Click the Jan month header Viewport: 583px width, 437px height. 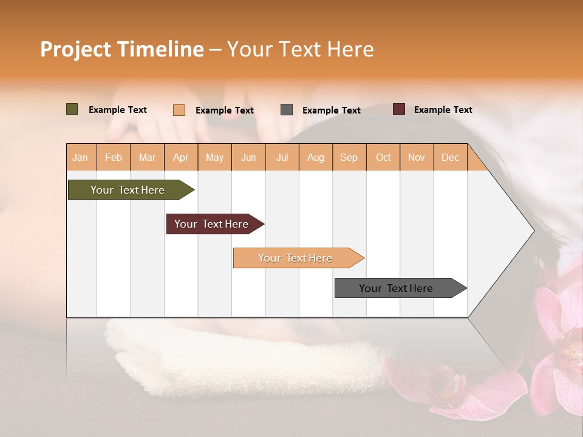click(80, 157)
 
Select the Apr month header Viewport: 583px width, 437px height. click(181, 157)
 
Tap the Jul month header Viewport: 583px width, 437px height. click(282, 157)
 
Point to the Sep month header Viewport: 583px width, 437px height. click(349, 157)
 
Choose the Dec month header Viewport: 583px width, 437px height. click(450, 157)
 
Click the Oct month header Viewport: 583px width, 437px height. click(383, 157)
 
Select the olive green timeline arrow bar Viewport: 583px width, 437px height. click(128, 190)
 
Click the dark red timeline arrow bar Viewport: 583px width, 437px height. click(211, 224)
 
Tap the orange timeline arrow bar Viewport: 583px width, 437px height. click(295, 258)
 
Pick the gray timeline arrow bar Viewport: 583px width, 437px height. click(396, 288)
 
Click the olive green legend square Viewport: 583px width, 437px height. click(72, 109)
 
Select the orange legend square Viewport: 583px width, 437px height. click(179, 110)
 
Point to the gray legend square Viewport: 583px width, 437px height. click(287, 110)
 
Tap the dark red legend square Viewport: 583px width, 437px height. click(399, 109)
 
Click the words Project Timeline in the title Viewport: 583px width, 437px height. click(121, 49)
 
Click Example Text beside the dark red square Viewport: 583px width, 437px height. click(443, 110)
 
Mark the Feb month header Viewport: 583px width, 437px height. click(114, 157)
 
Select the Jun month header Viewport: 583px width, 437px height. click(248, 157)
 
